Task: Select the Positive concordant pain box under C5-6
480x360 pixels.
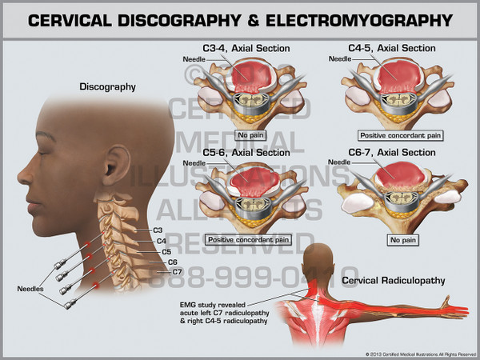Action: click(x=248, y=238)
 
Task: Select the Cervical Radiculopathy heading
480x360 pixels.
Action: click(x=387, y=280)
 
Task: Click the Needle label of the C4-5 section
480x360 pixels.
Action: click(x=340, y=59)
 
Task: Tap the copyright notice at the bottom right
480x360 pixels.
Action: click(x=416, y=353)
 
